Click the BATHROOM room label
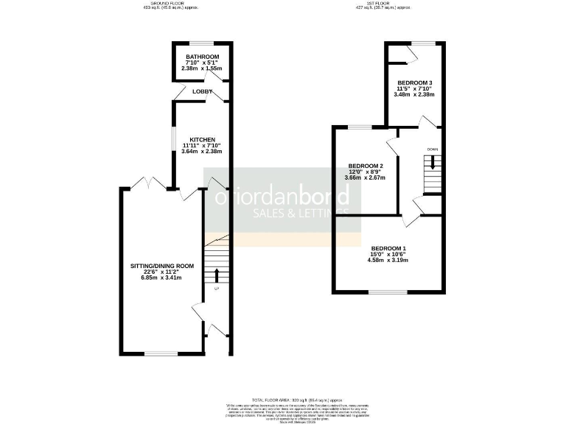click(202, 57)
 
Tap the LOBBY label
click(202, 91)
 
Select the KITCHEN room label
click(202, 140)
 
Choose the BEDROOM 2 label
click(365, 166)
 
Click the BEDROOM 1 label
click(389, 248)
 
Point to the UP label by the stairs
click(217, 289)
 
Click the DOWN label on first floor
click(433, 149)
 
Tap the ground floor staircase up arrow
click(217, 276)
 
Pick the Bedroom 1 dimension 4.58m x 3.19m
click(389, 261)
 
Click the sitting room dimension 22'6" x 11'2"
click(162, 272)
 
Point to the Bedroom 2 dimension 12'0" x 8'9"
click(365, 172)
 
